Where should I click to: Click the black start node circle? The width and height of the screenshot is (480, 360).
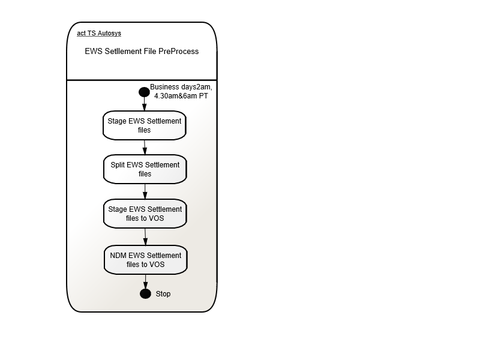144,92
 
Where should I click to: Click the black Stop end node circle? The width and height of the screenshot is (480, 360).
145,293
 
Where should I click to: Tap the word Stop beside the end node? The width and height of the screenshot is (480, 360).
163,294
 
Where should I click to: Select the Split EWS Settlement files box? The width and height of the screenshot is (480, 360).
145,169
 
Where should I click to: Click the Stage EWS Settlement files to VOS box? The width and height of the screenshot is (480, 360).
145,214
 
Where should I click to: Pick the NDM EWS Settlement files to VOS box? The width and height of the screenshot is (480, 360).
145,260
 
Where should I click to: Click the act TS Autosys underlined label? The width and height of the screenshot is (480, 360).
99,33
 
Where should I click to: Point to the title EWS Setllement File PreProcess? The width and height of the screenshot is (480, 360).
142,51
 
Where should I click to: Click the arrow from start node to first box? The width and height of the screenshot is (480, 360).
144,104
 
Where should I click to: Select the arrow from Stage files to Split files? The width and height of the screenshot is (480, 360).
145,148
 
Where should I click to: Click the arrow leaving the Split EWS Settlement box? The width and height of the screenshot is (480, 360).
145,191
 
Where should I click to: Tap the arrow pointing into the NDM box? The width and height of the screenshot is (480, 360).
145,237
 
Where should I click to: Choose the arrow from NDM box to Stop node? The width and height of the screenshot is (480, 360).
145,281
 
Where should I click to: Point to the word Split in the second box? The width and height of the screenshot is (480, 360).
118,165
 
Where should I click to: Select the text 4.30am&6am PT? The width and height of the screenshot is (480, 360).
181,96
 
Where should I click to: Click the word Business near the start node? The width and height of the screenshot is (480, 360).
164,87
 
